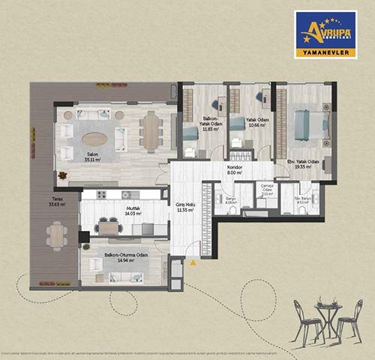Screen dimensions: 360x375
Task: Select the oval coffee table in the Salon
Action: pyautogui.click(x=94, y=139)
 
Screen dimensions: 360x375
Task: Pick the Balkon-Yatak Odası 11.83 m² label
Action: pyautogui.click(x=209, y=124)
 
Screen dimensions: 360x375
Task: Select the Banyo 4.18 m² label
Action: pyautogui.click(x=232, y=200)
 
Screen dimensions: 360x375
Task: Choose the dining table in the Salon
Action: pyautogui.click(x=151, y=132)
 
